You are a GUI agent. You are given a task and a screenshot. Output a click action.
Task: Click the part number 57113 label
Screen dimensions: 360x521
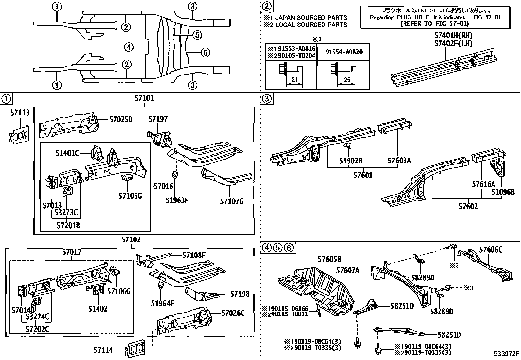pos(20,113)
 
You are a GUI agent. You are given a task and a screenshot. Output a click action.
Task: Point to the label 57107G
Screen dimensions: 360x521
pos(231,201)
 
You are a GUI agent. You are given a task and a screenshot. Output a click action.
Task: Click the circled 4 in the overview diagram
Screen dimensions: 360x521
pos(129,48)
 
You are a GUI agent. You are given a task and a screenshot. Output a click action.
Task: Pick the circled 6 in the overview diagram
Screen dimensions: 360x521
pos(205,52)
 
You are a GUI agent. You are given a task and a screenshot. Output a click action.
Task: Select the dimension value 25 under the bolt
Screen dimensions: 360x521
pos(347,80)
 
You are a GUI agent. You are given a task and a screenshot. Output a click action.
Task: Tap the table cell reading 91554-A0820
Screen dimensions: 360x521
pos(344,52)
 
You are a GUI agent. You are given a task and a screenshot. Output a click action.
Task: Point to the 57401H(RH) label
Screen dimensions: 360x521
pos(453,35)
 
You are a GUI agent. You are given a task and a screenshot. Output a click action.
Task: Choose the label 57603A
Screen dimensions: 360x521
pos(399,161)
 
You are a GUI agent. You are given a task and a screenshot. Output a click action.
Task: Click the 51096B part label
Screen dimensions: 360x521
pos(503,192)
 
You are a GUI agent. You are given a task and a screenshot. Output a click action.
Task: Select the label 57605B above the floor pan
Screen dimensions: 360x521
pos(330,260)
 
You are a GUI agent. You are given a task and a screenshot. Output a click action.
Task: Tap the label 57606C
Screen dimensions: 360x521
pos(491,250)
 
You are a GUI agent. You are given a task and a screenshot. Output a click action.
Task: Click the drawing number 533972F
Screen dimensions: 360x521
pos(507,354)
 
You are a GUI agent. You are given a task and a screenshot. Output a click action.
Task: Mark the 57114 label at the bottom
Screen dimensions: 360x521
pos(103,351)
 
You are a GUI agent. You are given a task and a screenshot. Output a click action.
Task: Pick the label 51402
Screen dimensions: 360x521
pos(98,309)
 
